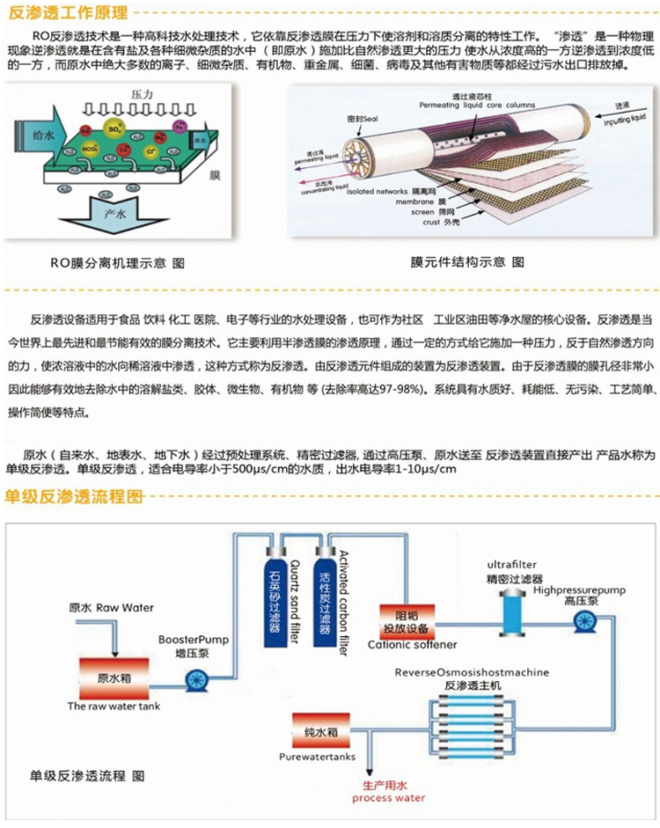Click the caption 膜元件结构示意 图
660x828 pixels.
click(455, 262)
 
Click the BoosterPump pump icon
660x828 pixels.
click(195, 678)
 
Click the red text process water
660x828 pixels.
click(388, 798)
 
